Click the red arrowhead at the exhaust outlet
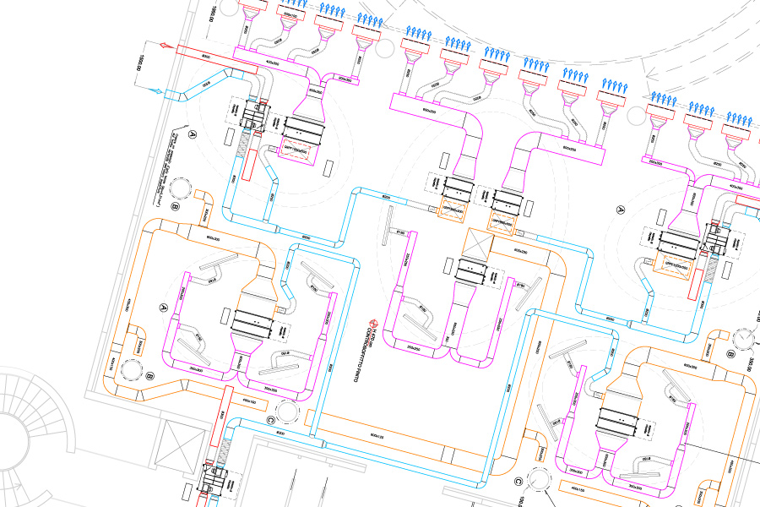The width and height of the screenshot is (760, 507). [x=152, y=47]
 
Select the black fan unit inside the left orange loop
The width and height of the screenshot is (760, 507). [x=251, y=320]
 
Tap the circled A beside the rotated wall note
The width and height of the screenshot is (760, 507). [x=192, y=134]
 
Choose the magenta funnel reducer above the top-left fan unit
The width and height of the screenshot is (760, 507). [x=307, y=106]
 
